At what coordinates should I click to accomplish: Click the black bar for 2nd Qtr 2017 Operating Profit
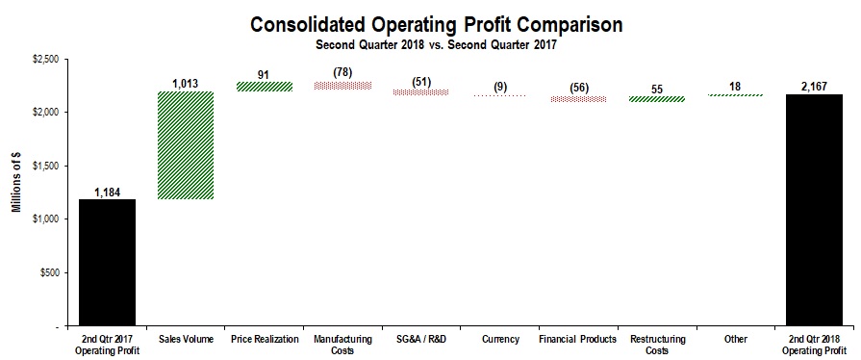click(107, 262)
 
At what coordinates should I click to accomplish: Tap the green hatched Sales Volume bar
click(186, 145)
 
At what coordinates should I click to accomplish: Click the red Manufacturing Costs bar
click(342, 86)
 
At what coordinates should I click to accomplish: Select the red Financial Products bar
click(578, 98)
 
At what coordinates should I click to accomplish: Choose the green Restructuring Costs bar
click(656, 98)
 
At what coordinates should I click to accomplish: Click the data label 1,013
click(186, 84)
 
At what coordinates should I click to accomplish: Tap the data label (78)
click(342, 72)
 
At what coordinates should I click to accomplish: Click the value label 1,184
click(107, 192)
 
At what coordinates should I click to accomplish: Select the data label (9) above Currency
click(499, 87)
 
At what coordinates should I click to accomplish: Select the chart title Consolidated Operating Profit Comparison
click(429, 24)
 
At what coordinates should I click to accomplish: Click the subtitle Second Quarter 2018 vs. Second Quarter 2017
click(429, 43)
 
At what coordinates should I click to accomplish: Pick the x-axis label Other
click(735, 339)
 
